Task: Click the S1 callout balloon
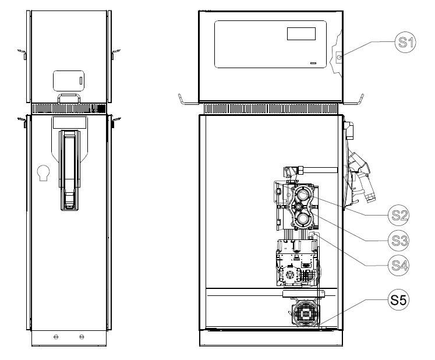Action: point(405,42)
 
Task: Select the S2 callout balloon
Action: point(399,215)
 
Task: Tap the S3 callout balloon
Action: point(399,241)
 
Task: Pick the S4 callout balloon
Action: point(399,266)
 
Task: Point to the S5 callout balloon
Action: point(399,299)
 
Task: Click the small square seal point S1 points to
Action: point(339,58)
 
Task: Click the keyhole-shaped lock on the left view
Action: point(44,172)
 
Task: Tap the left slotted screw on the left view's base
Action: point(56,337)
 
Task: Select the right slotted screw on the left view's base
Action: point(82,337)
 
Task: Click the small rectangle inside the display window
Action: point(301,34)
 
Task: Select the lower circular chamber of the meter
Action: point(302,219)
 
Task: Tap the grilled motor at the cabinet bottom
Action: point(305,313)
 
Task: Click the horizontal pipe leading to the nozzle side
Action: point(320,170)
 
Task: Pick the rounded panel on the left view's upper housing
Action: point(69,81)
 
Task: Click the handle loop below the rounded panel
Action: point(69,98)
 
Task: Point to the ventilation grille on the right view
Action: point(271,108)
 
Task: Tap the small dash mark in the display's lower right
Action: point(313,63)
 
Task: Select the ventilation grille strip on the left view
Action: point(69,108)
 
